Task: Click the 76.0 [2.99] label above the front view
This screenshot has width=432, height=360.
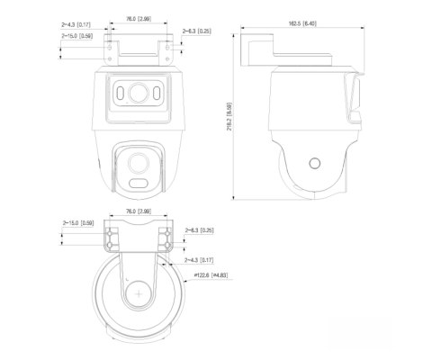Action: [138, 17]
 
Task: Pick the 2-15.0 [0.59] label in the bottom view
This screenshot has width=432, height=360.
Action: [76, 221]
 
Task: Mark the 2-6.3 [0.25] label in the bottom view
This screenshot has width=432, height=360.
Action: [199, 230]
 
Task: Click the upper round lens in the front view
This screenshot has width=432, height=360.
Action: [137, 94]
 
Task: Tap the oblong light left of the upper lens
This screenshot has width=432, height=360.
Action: [119, 94]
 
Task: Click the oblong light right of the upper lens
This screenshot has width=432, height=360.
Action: [155, 94]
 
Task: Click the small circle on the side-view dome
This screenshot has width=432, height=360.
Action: [313, 164]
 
